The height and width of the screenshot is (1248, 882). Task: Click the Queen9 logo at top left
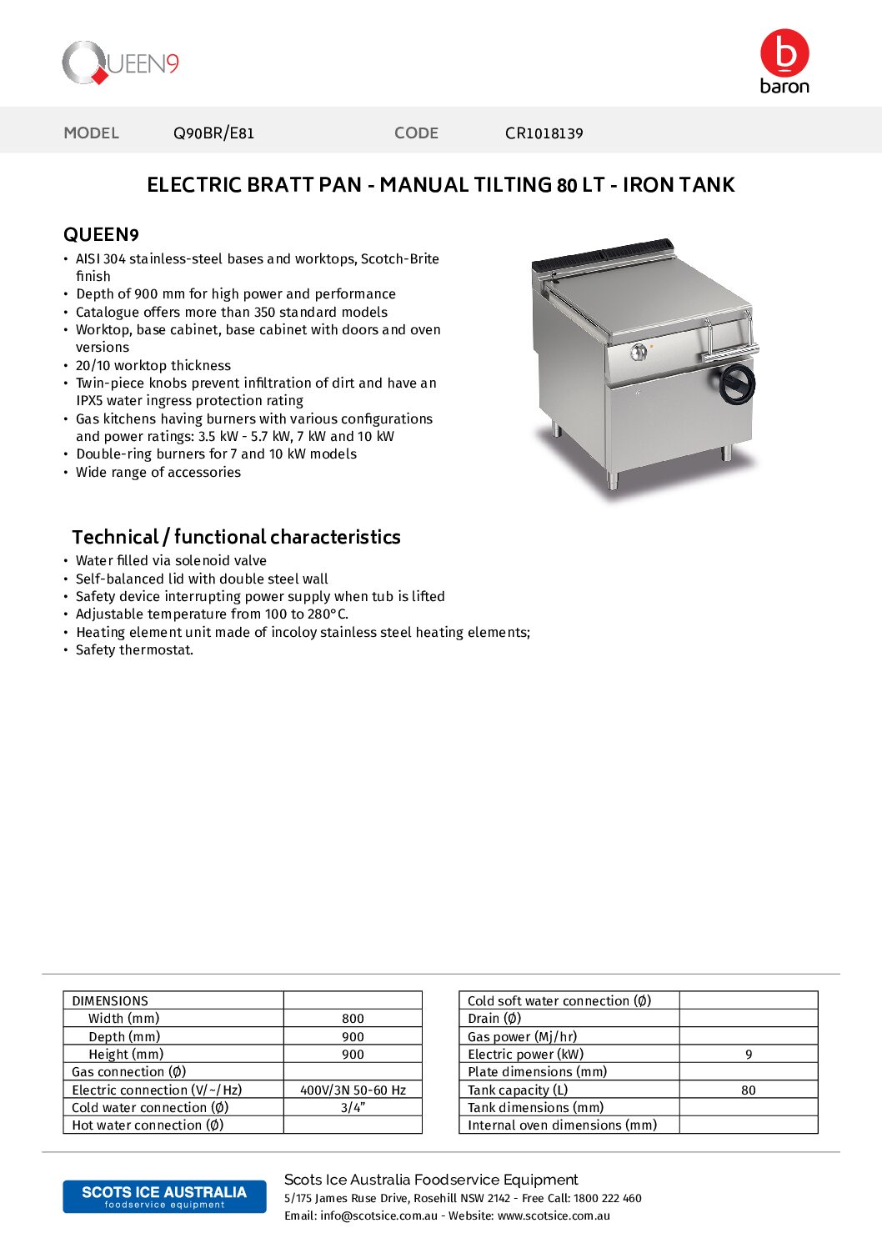click(x=120, y=63)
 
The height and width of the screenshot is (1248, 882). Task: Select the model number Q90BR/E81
click(x=213, y=133)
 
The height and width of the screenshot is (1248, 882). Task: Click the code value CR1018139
click(x=544, y=133)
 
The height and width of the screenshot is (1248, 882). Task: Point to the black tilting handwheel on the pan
click(x=737, y=384)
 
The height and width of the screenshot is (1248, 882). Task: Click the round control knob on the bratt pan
click(x=639, y=352)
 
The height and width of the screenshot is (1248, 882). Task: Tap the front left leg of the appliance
click(x=614, y=479)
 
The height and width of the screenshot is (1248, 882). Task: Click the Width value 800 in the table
click(x=353, y=1019)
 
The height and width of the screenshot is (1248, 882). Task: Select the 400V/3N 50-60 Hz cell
click(x=353, y=1090)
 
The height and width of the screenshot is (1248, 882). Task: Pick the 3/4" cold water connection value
click(x=353, y=1108)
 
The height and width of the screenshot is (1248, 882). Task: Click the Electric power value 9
click(x=749, y=1055)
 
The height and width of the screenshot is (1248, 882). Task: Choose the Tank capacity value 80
click(x=749, y=1090)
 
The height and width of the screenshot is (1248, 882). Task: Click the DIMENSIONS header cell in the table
click(x=110, y=1000)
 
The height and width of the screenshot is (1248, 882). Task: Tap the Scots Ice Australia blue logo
click(x=164, y=1196)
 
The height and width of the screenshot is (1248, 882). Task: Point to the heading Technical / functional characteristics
click(x=236, y=537)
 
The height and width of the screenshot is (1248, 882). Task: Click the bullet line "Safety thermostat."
click(x=134, y=650)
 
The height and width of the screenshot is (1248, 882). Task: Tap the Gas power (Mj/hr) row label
click(x=522, y=1036)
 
